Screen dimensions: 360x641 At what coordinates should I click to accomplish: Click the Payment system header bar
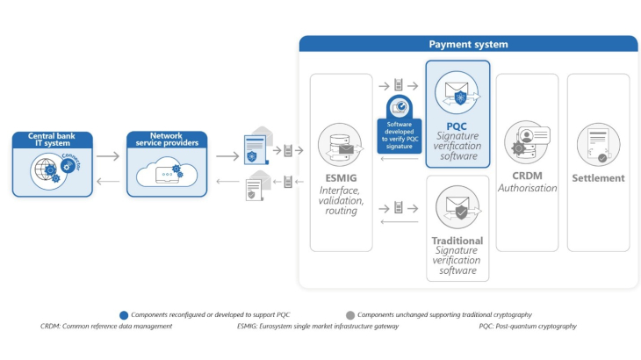[x=468, y=44]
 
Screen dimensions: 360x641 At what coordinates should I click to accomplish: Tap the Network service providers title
[x=167, y=140]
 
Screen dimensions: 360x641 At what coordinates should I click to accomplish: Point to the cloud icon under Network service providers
[x=167, y=173]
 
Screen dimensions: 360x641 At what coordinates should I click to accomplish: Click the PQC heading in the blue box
[x=457, y=128]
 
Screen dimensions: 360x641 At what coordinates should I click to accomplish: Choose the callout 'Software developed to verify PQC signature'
[x=400, y=137]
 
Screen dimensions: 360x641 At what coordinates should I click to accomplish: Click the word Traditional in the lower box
[x=457, y=241]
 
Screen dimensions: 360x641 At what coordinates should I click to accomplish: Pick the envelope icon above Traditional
[x=457, y=207]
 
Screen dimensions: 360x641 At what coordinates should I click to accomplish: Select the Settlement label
[x=598, y=178]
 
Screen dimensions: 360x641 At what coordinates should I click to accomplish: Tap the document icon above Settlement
[x=598, y=143]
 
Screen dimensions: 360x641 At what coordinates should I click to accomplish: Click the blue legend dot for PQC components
[x=123, y=314]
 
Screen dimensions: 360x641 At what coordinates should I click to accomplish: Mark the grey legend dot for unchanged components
[x=350, y=314]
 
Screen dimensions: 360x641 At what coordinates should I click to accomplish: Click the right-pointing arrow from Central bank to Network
[x=108, y=156]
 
